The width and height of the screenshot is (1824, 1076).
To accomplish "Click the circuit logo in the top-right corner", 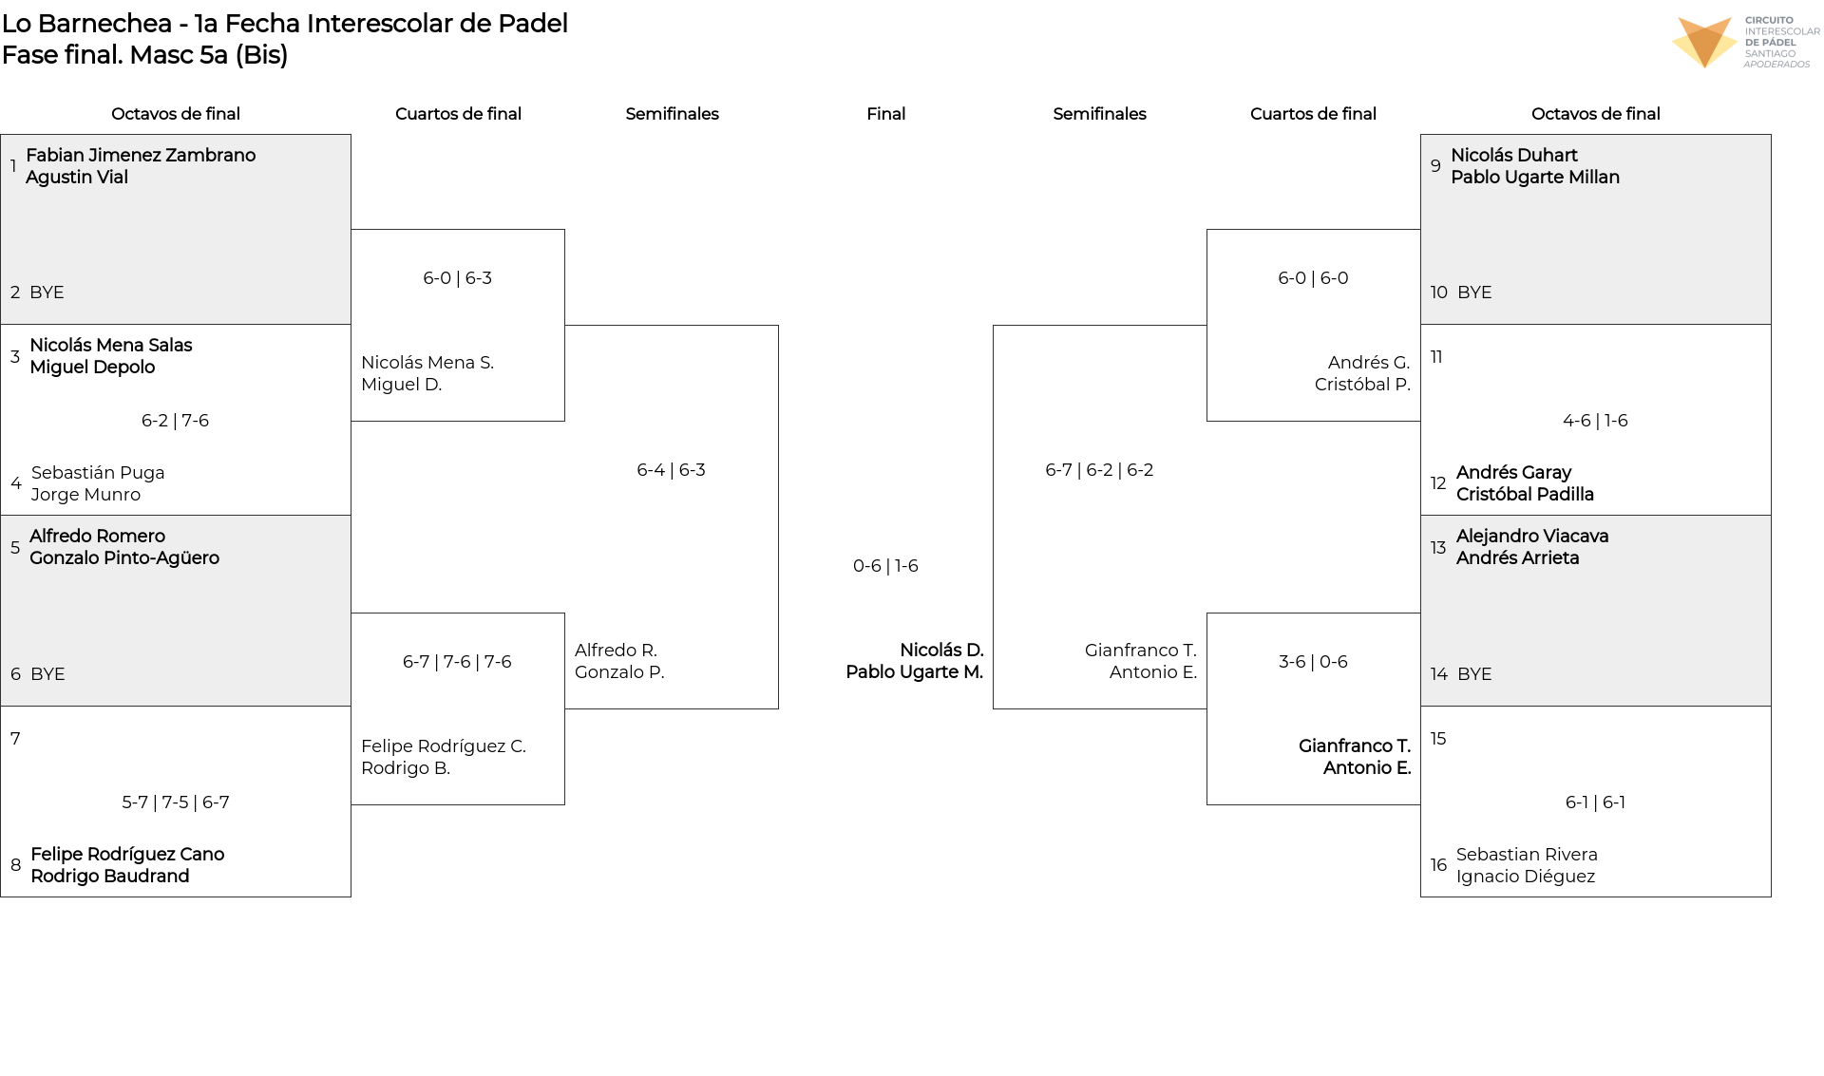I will pos(1744,43).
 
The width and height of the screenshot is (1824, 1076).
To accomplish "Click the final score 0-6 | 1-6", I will pos(885,566).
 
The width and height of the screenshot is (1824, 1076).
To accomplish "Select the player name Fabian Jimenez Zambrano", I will pos(141,155).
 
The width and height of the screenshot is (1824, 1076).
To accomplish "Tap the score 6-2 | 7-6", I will pos(175,421).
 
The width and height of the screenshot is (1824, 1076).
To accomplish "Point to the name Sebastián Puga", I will pos(98,473).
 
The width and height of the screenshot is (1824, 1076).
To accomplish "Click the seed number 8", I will pos(16,865).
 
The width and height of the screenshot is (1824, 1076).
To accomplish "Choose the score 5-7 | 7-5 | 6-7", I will pos(176,802).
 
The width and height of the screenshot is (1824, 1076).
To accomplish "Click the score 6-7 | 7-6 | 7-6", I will pos(457,662).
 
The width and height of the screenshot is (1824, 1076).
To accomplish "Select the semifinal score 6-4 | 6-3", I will pos(671,470).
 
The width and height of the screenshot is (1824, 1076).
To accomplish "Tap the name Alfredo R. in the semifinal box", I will pos(616,651).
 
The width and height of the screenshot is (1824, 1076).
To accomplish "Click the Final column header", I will pos(885,114).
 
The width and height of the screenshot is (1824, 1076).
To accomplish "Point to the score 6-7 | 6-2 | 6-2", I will pos(1099,470).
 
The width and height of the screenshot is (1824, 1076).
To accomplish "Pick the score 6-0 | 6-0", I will pos(1313,278).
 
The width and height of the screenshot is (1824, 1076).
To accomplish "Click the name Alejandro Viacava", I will pos(1532,537).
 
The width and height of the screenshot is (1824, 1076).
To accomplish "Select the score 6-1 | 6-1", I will pos(1595,802).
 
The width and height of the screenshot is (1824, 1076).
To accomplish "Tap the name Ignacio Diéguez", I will pos(1526,877).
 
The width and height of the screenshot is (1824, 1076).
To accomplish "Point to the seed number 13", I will pos(1438,548).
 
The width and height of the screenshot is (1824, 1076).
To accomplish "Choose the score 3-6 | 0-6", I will pos(1313,662).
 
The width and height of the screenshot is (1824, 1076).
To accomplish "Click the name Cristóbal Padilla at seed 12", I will pos(1525,495).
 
